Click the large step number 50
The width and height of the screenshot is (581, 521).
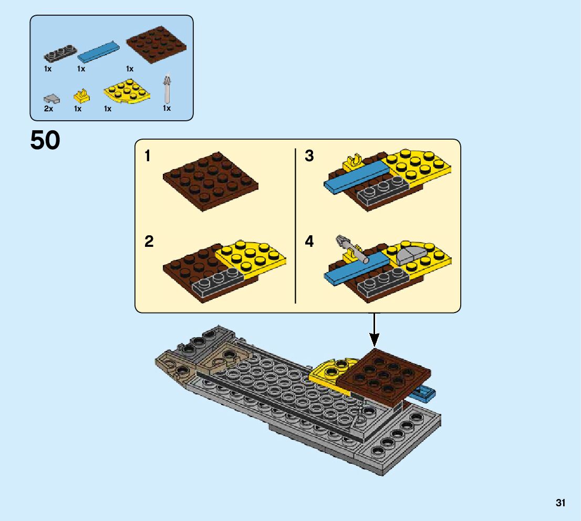pyautogui.click(x=45, y=141)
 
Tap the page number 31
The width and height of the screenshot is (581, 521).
pyautogui.click(x=561, y=503)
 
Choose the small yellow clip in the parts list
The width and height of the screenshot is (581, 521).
pyautogui.click(x=81, y=96)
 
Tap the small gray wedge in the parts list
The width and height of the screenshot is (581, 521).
pyautogui.click(x=51, y=98)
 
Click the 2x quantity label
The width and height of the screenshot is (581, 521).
pyautogui.click(x=48, y=109)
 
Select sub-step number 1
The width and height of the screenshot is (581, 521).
pyautogui.click(x=149, y=156)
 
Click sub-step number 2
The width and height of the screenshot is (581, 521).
pyautogui.click(x=149, y=242)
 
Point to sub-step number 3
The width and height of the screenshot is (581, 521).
pyautogui.click(x=309, y=156)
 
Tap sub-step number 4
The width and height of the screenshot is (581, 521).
pyautogui.click(x=309, y=242)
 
